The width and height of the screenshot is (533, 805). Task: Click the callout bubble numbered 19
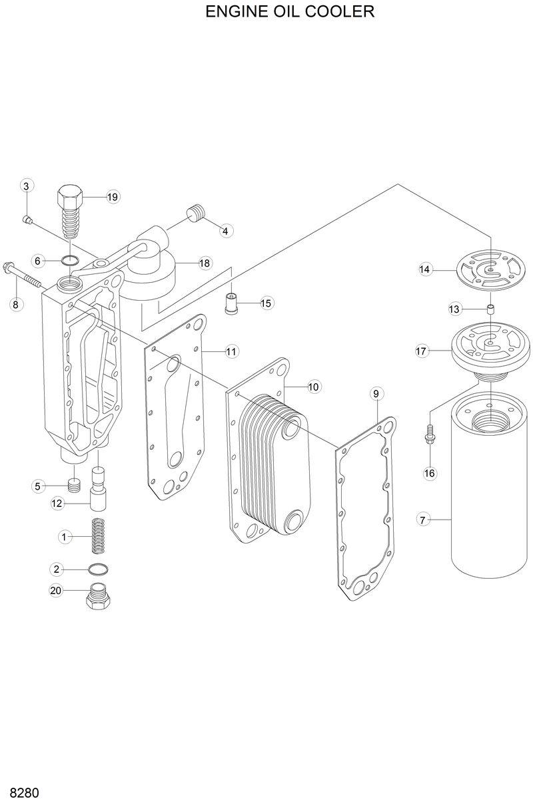point(111,197)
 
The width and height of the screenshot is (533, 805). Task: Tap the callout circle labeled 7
point(422,520)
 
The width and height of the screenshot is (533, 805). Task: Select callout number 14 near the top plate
point(425,269)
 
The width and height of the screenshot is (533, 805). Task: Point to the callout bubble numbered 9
point(376,394)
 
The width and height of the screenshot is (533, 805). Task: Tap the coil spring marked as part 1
point(99,535)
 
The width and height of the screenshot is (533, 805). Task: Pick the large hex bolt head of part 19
point(71,196)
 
